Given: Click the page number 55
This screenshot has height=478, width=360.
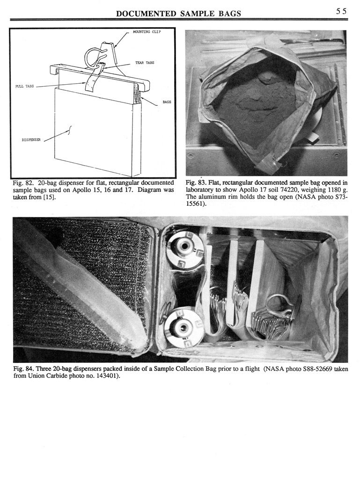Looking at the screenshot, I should tap(341, 12).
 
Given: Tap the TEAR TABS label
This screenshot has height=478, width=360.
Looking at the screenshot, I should tap(145, 63).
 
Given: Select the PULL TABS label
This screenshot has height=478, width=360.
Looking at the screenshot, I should tap(26, 87).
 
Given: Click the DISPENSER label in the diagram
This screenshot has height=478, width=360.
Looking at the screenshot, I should tap(32, 139).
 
